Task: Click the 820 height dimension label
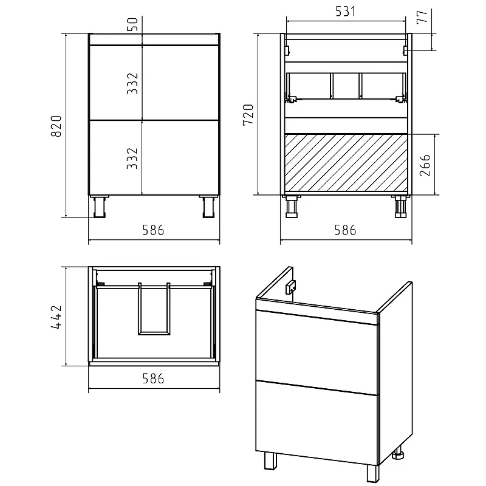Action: pos(56,126)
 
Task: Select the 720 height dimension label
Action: pos(248,115)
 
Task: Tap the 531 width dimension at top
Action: pos(345,12)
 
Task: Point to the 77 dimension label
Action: pos(422,17)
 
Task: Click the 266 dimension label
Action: pos(425,165)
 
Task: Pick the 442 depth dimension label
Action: pos(56,317)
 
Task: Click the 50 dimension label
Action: pos(132,24)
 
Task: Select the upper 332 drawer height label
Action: pos(132,83)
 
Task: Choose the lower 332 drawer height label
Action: pos(132,159)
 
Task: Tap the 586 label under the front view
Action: pos(153,230)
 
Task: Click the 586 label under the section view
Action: pos(345,230)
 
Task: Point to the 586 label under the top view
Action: pos(153,378)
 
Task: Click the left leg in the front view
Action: pos(100,207)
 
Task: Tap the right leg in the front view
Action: pos(208,207)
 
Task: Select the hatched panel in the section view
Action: pos(346,163)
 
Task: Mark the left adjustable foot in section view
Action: pos(292,207)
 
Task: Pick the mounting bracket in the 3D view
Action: pos(291,287)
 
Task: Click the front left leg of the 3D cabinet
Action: pos(270,461)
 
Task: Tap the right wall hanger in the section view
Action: pos(405,50)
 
